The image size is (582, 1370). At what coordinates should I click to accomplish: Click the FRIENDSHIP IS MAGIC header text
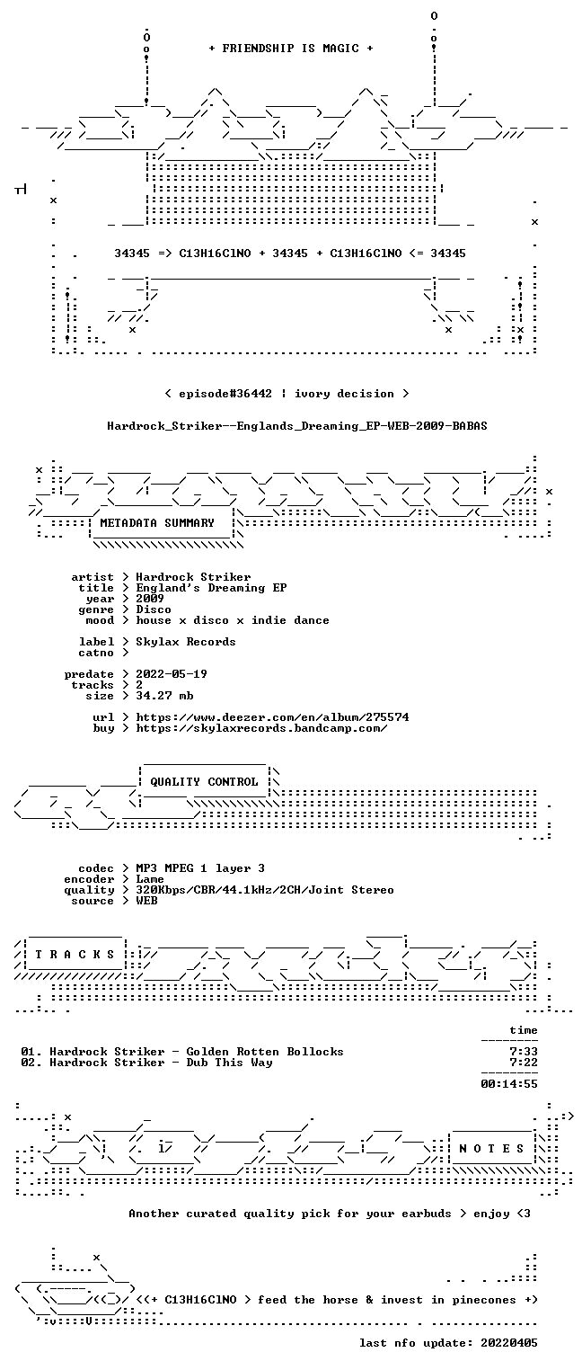coord(290,49)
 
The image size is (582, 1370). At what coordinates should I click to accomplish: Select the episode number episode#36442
coord(225,394)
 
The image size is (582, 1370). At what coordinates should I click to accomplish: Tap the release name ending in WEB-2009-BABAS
coord(297,426)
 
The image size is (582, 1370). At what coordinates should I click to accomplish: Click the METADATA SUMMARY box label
coord(157,523)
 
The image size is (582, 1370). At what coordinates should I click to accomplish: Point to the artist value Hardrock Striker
coord(193,577)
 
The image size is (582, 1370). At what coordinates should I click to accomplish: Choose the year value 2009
coord(150,599)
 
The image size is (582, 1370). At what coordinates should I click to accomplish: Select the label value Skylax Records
coord(186,642)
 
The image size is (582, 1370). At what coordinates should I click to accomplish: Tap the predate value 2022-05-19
coord(172,674)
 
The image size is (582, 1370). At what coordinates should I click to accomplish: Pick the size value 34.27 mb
coord(164,696)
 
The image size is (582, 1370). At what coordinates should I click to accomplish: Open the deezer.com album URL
coord(272,717)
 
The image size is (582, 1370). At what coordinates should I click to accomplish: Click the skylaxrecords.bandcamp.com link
coord(261,728)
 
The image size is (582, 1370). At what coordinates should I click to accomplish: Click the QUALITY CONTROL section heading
coord(204,782)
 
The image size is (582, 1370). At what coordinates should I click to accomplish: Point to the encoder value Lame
coord(150,879)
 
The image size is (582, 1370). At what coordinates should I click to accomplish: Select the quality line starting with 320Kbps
coord(265,891)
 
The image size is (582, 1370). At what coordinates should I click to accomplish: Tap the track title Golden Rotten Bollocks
coord(265,1052)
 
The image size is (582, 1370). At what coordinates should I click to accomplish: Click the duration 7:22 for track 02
coord(524,1063)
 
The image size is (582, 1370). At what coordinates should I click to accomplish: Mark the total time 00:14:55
coord(509,1084)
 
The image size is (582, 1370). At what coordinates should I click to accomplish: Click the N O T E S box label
coord(491,1149)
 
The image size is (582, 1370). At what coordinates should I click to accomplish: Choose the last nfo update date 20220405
coord(509,1343)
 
